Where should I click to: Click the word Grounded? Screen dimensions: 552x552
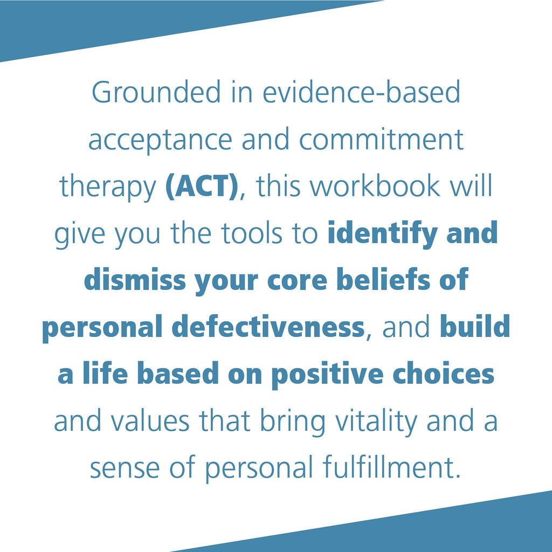point(156,92)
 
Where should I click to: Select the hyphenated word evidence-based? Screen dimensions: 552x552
point(361,92)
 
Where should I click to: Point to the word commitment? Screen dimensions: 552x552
point(381,139)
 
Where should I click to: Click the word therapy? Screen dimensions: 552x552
point(107,187)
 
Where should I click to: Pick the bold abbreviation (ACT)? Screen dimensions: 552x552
point(202,187)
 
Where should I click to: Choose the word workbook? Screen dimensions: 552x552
point(375,186)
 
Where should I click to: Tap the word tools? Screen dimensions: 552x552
point(252,233)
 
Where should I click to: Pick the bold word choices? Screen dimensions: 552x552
point(443,374)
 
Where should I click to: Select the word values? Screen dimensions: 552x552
point(150,420)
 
